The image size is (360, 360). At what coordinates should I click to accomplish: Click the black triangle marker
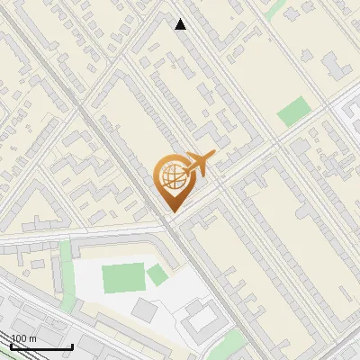click(181, 24)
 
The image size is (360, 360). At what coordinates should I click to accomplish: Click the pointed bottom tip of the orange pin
click(173, 211)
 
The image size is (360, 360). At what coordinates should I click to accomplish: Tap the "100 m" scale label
click(23, 338)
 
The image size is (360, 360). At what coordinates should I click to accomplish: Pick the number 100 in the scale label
click(19, 338)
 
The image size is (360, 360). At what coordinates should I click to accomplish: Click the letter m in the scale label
click(32, 338)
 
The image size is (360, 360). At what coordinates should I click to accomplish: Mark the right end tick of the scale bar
click(72, 345)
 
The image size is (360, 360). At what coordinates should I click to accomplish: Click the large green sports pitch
click(122, 277)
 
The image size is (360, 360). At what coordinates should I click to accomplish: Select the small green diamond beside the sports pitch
click(157, 275)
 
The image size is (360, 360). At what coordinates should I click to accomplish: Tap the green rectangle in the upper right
click(292, 112)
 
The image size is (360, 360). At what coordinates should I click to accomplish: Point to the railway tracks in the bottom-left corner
click(36, 315)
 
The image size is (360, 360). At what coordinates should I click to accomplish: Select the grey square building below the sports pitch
click(145, 310)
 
